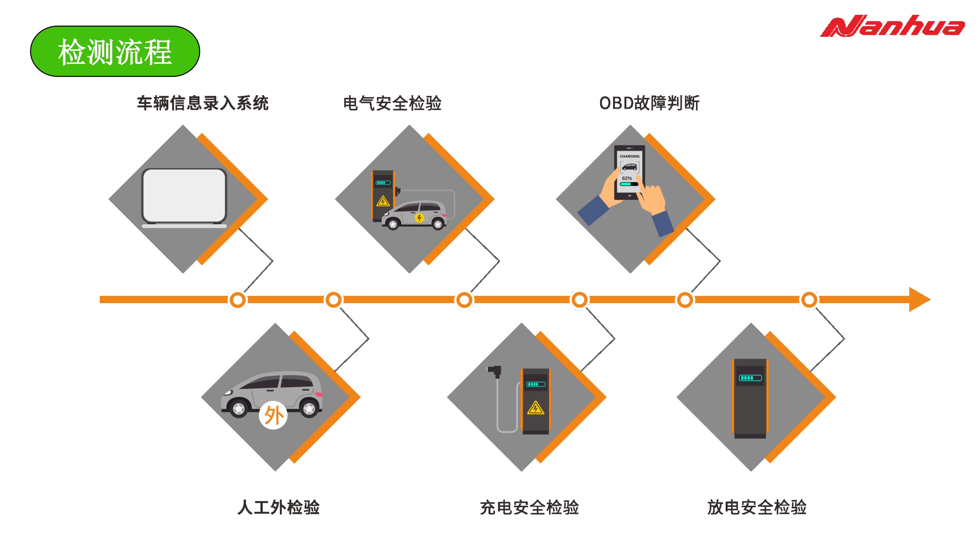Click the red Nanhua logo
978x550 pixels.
point(892,27)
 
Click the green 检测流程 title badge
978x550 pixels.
point(115,51)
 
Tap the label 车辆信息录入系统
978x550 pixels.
point(203,103)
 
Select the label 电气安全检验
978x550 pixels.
point(392,103)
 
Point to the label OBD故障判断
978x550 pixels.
point(649,103)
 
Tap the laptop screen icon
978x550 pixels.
point(184,196)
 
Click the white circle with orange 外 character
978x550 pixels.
point(273,415)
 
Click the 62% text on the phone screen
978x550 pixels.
point(627,178)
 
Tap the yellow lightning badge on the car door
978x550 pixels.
point(419,218)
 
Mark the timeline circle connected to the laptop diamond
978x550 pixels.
point(238,300)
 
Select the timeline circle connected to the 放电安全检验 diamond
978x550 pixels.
point(809,300)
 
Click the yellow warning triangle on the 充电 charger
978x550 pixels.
point(535,408)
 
